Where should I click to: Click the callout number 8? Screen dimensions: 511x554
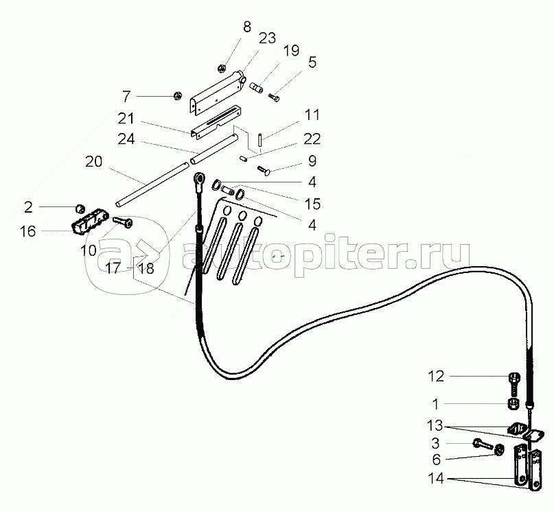click(x=246, y=28)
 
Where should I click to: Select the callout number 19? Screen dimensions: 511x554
click(x=290, y=50)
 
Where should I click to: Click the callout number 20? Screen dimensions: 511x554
click(x=93, y=162)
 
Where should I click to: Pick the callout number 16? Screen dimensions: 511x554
click(x=27, y=231)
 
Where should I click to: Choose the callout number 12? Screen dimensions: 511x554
click(x=437, y=376)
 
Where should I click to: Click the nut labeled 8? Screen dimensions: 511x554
click(x=222, y=67)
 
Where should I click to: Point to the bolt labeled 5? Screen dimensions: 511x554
click(x=275, y=97)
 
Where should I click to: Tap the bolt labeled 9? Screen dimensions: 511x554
click(x=264, y=169)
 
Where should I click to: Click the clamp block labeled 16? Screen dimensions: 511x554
click(x=88, y=222)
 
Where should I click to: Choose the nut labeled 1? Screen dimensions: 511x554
click(x=513, y=403)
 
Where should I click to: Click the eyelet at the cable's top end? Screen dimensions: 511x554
click(x=199, y=180)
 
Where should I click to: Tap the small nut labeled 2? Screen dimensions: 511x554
click(x=80, y=206)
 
